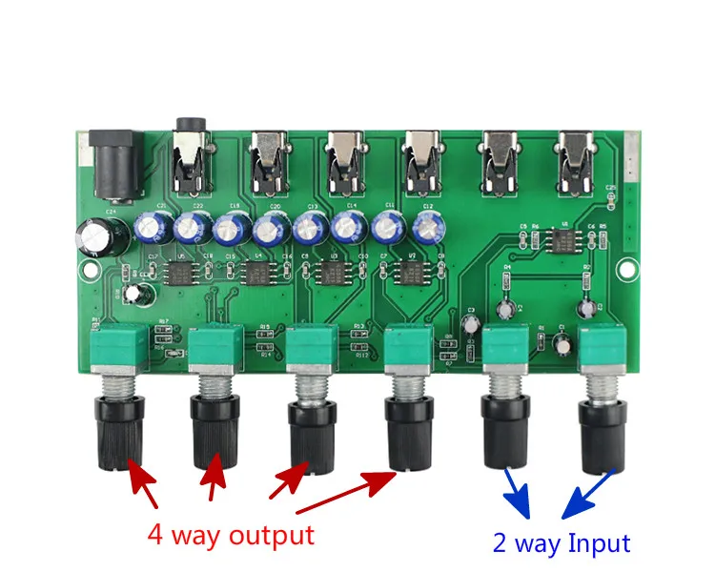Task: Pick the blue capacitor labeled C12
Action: pyautogui.click(x=428, y=227)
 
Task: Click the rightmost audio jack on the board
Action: pyautogui.click(x=577, y=159)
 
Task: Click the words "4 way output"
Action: pyautogui.click(x=230, y=535)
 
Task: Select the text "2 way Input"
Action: pyautogui.click(x=561, y=543)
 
